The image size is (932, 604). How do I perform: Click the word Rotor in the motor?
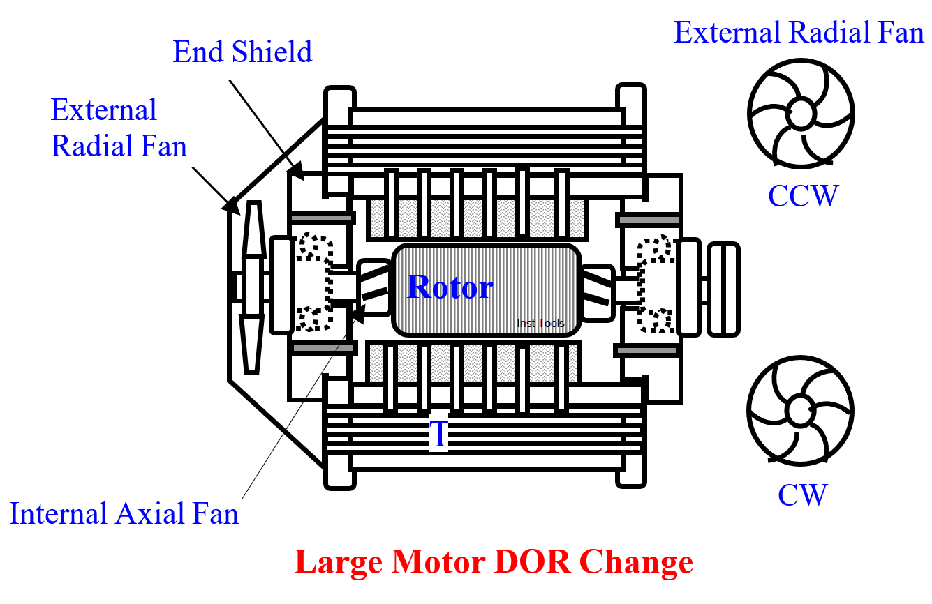click(450, 287)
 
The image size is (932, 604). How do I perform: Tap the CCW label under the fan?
click(802, 196)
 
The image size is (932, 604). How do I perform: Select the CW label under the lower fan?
click(802, 494)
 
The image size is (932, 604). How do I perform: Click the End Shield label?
click(242, 52)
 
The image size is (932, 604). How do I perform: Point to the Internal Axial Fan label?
click(124, 514)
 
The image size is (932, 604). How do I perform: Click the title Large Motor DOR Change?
click(494, 562)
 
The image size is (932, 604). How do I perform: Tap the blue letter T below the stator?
click(438, 435)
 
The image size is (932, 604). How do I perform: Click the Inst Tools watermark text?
click(540, 323)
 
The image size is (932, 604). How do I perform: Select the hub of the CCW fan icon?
click(800, 112)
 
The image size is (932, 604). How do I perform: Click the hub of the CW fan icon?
click(800, 409)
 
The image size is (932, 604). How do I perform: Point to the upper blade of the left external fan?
click(253, 237)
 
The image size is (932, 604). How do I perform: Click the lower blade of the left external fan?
click(251, 342)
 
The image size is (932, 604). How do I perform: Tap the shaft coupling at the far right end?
click(723, 288)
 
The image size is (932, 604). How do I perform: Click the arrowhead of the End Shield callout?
click(296, 169)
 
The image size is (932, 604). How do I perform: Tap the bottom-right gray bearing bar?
click(647, 350)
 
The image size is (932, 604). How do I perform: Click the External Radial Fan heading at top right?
click(799, 33)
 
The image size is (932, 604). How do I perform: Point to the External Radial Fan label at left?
click(119, 128)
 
